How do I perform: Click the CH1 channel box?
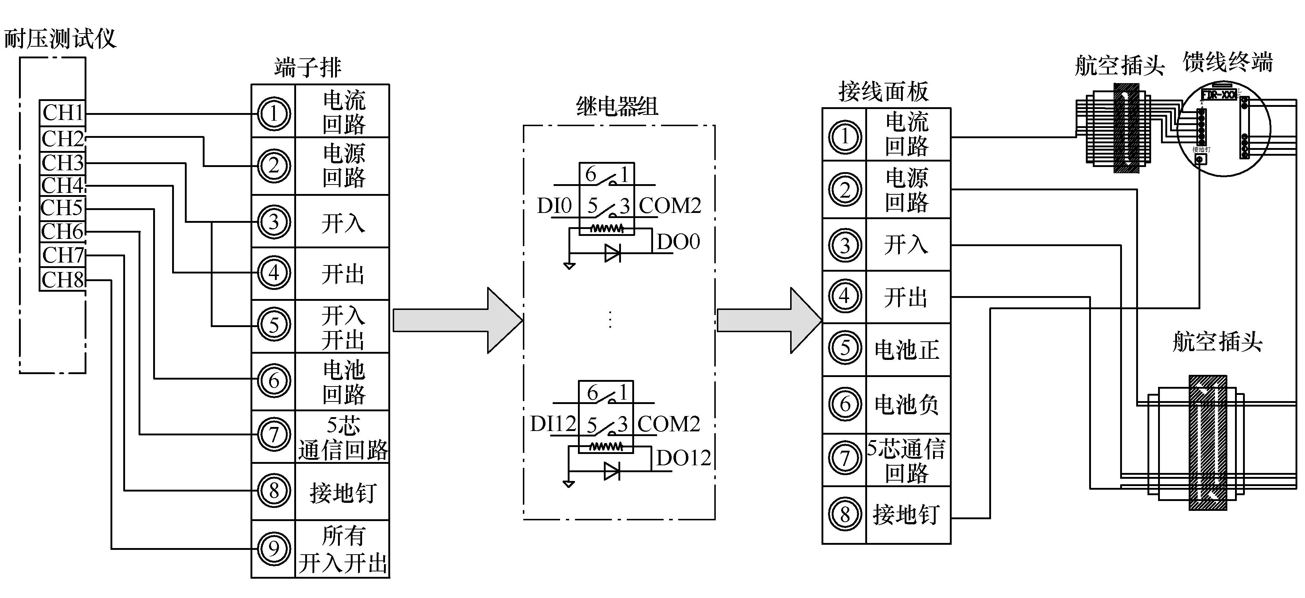click(x=63, y=113)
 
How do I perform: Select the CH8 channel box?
click(x=63, y=280)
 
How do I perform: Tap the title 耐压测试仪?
click(x=60, y=39)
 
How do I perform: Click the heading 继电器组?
click(x=617, y=107)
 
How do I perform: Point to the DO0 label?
click(x=678, y=242)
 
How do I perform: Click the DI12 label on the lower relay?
click(x=553, y=423)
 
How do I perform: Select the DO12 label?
click(x=683, y=458)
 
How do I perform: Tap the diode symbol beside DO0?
click(x=613, y=253)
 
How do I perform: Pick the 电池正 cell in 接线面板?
click(x=907, y=350)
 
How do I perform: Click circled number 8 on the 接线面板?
click(x=844, y=514)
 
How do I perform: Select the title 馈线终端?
click(x=1227, y=63)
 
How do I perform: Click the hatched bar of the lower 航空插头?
click(x=1208, y=442)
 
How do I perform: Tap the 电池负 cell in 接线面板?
click(x=907, y=404)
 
